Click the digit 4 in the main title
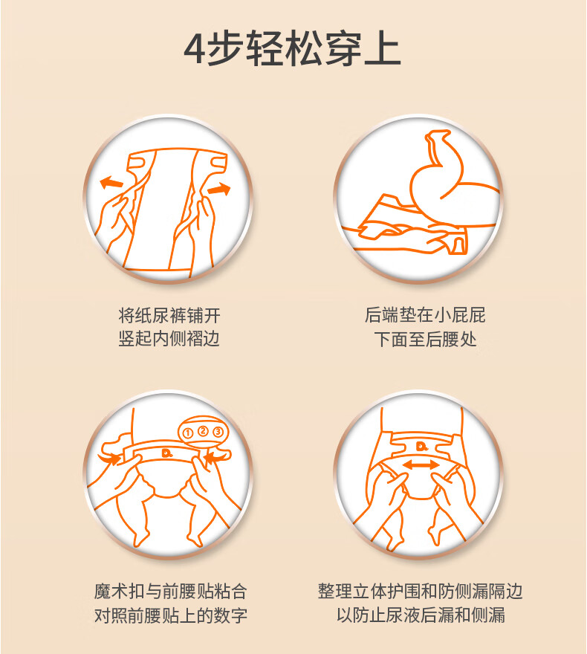point(195,48)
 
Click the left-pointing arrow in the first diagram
point(111,182)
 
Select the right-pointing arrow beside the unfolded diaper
point(219,189)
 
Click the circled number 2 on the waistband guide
point(203,431)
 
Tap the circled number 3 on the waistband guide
point(218,432)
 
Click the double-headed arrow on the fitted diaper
point(421,464)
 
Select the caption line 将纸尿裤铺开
point(169,315)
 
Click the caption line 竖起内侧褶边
point(169,339)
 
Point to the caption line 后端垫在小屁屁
point(425,315)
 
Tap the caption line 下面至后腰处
point(425,339)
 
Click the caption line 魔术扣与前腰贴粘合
point(170,592)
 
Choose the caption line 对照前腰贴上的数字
point(170,615)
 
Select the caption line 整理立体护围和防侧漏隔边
point(421,591)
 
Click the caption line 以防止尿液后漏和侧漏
point(421,615)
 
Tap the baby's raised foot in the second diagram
point(437,139)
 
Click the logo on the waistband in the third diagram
point(167,453)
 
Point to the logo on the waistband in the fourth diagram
point(421,447)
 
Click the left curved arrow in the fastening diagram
point(110,458)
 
